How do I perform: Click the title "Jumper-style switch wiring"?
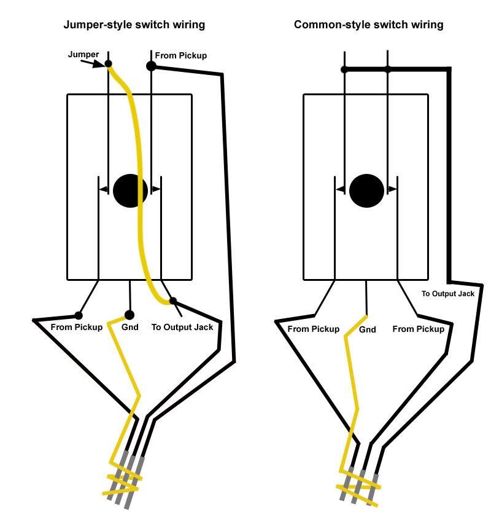pos(134,25)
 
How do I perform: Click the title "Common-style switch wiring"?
pos(368,25)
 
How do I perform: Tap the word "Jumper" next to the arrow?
pos(83,55)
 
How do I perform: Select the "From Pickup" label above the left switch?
pos(181,55)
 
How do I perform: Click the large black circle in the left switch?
pos(130,191)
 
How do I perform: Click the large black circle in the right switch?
pos(366,191)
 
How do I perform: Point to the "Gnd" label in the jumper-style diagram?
pos(130,327)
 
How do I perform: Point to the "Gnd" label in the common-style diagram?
pos(367,329)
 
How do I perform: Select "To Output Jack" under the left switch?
pos(182,327)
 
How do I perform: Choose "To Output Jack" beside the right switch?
pos(448,294)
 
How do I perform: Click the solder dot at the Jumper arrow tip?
pos(109,63)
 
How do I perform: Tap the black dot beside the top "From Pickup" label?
pos(151,66)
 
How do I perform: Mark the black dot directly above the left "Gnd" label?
pos(129,315)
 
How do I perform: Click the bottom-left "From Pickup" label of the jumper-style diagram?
pos(77,327)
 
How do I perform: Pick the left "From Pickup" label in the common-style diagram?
pos(313,329)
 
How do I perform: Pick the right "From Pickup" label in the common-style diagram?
pos(418,329)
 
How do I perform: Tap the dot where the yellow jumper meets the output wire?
pos(173,301)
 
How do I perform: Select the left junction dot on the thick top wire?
pos(345,69)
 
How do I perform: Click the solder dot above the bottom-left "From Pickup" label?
pos(79,315)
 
